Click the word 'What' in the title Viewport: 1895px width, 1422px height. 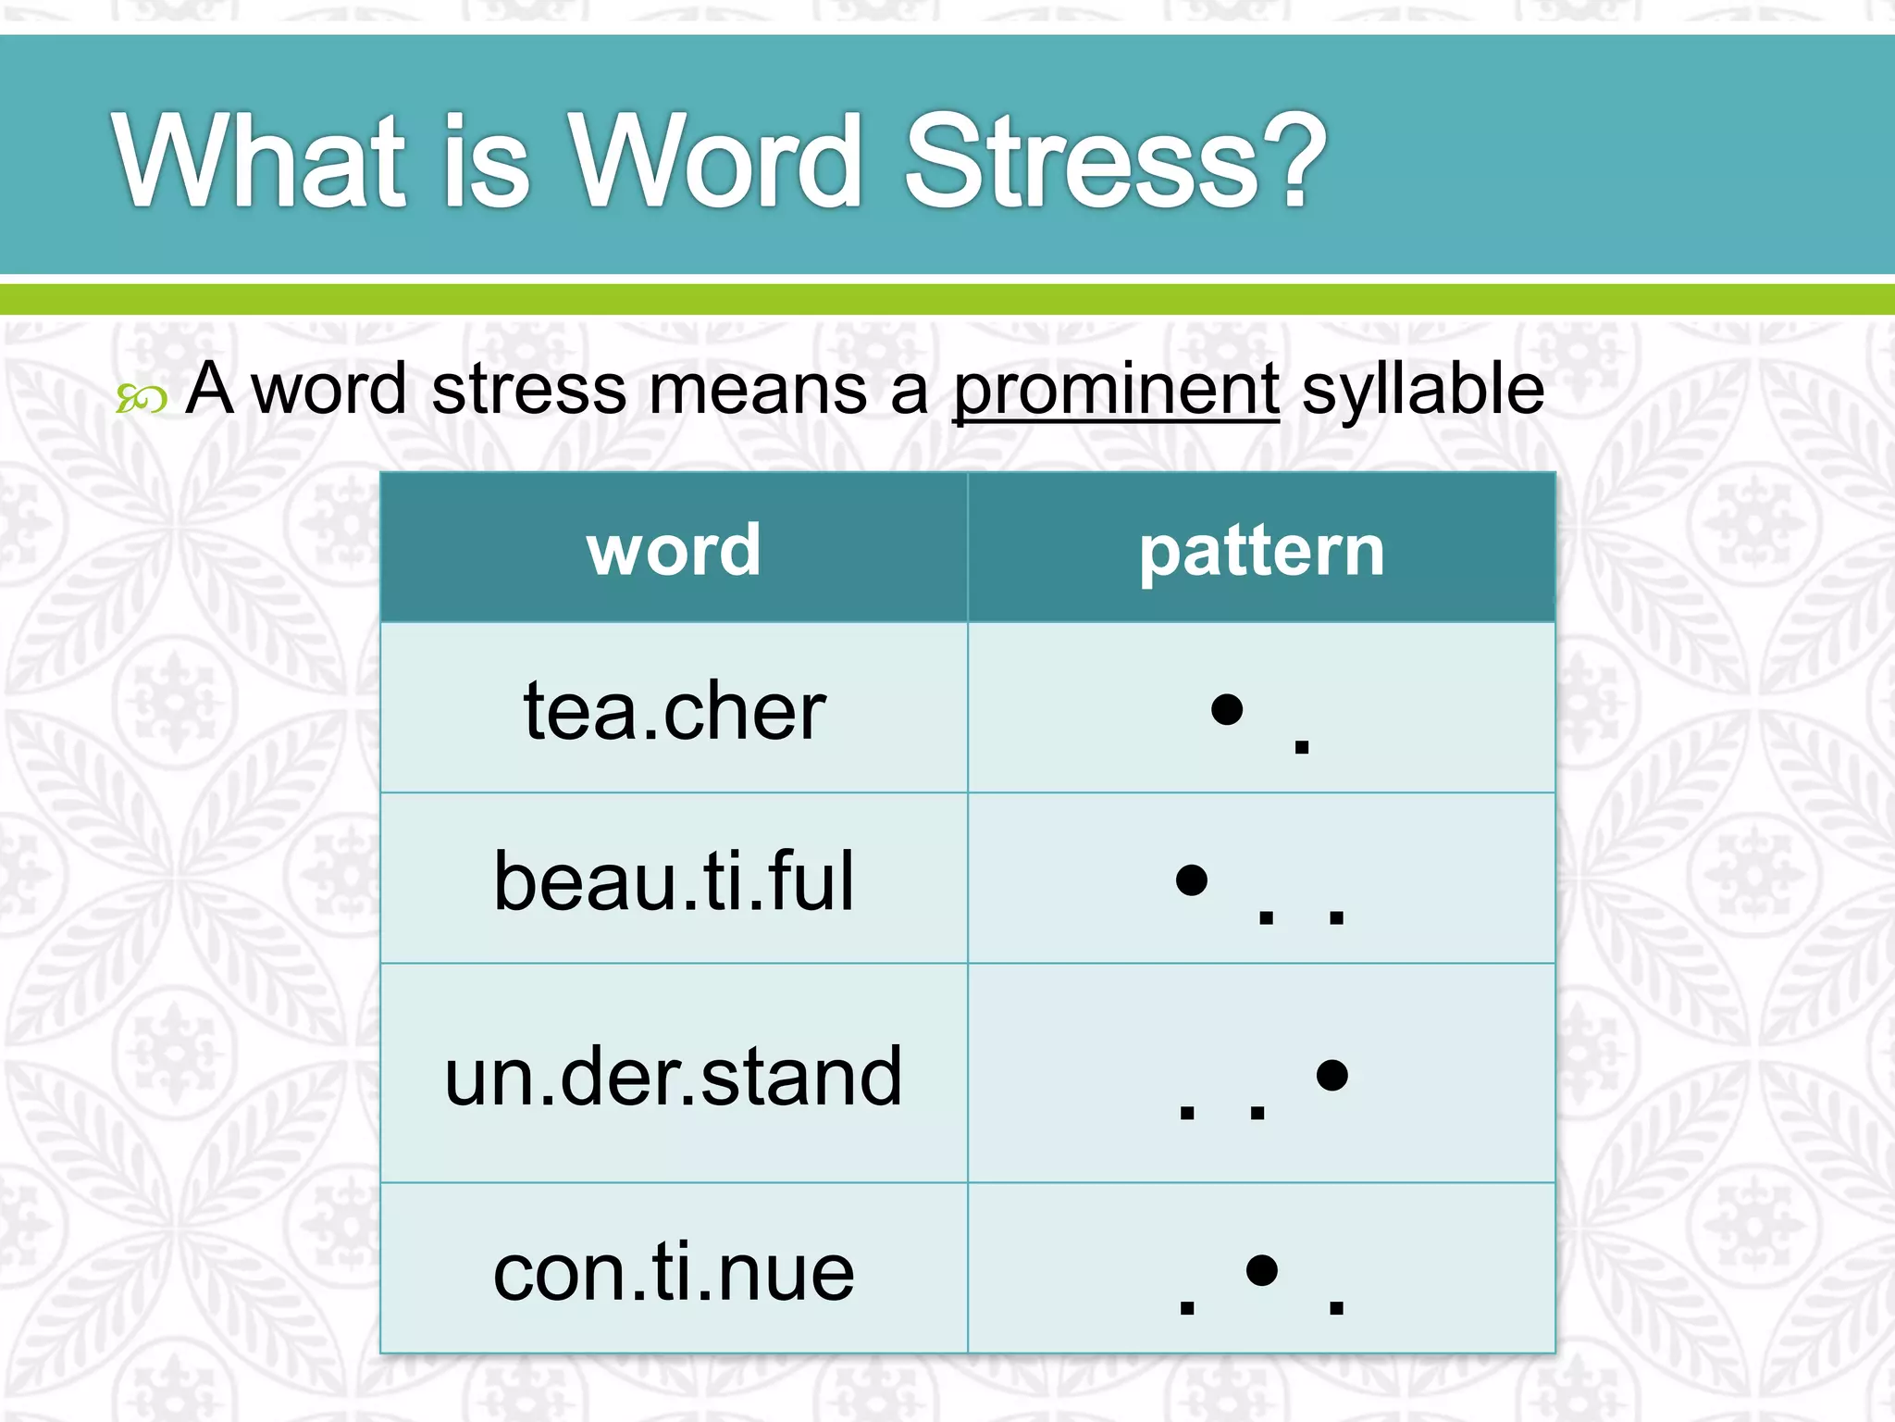pyautogui.click(x=260, y=162)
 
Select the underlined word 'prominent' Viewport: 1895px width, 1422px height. pyautogui.click(x=1116, y=390)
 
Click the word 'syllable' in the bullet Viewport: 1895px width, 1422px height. pyautogui.click(x=1423, y=390)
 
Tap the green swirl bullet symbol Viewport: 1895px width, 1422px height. pyautogui.click(x=142, y=399)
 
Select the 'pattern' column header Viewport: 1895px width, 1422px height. pyautogui.click(x=1261, y=551)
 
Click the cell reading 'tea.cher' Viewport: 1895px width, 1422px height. pyautogui.click(x=675, y=710)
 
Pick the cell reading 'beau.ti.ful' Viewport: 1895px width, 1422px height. pyautogui.click(x=674, y=880)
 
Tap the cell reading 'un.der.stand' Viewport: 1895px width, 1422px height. pyautogui.click(x=674, y=1076)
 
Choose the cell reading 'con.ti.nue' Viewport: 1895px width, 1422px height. pyautogui.click(x=674, y=1272)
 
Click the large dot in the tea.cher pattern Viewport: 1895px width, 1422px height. pyautogui.click(x=1227, y=709)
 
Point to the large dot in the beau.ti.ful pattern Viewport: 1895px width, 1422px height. pyautogui.click(x=1192, y=879)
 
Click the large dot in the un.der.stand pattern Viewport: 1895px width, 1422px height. pyautogui.click(x=1331, y=1075)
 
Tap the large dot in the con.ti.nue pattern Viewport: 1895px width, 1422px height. pyautogui.click(x=1262, y=1270)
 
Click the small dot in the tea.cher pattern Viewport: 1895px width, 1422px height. pyautogui.click(x=1302, y=745)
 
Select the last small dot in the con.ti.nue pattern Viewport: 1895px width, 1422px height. pyautogui.click(x=1336, y=1306)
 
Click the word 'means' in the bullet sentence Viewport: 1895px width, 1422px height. pyautogui.click(x=758, y=390)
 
